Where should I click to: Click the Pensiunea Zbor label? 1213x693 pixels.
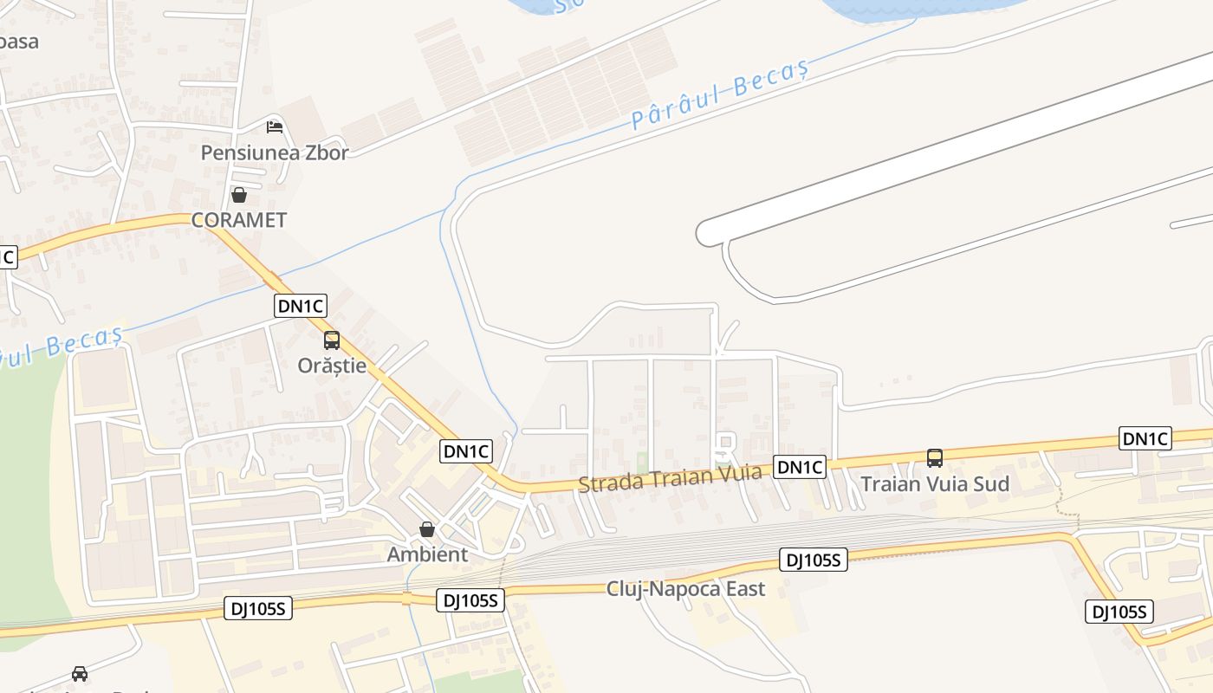pyautogui.click(x=275, y=152)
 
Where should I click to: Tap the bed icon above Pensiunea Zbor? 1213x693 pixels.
pyautogui.click(x=275, y=127)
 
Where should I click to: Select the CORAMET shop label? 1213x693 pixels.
pyautogui.click(x=239, y=220)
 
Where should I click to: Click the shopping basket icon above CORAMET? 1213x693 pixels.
pyautogui.click(x=239, y=195)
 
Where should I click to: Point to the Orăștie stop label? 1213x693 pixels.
pyautogui.click(x=332, y=366)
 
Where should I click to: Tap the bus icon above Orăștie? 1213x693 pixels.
pyautogui.click(x=332, y=340)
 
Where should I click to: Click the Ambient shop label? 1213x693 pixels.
pyautogui.click(x=427, y=554)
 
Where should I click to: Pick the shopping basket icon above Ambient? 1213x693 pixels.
pyautogui.click(x=427, y=529)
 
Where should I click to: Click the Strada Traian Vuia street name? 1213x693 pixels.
pyautogui.click(x=670, y=477)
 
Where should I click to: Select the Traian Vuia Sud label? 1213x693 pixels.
pyautogui.click(x=935, y=483)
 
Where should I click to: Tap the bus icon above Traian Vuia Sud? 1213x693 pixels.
pyautogui.click(x=935, y=457)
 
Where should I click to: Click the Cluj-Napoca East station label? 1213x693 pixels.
pyautogui.click(x=685, y=589)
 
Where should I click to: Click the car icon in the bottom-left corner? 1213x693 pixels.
pyautogui.click(x=80, y=673)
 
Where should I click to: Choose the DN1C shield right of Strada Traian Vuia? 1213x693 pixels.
pyautogui.click(x=800, y=467)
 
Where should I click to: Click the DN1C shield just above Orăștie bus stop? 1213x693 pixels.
pyautogui.click(x=301, y=305)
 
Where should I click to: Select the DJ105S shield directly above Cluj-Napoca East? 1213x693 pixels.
pyautogui.click(x=813, y=560)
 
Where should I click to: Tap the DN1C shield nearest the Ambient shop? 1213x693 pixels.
pyautogui.click(x=467, y=450)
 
